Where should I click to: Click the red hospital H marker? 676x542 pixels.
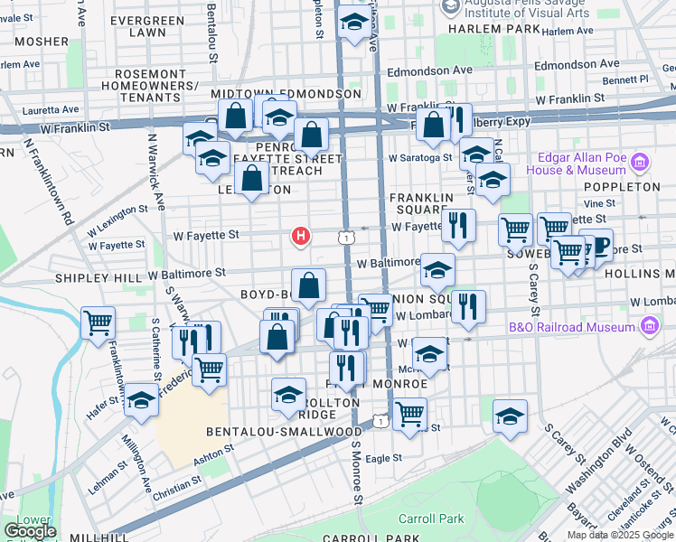point(300,237)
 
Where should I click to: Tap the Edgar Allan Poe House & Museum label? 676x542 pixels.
point(583,164)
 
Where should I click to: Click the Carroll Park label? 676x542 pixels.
point(432,519)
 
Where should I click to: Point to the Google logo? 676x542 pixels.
point(30,531)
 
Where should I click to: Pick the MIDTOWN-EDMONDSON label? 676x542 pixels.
point(286,94)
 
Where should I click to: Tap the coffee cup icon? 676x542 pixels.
point(597,244)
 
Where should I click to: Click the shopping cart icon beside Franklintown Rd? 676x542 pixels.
point(98,322)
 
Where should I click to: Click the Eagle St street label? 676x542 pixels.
point(384,458)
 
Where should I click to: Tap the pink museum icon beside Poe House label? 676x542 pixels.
point(640,164)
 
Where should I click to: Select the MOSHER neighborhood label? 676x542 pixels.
point(40,42)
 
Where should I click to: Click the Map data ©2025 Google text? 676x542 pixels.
point(619,535)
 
